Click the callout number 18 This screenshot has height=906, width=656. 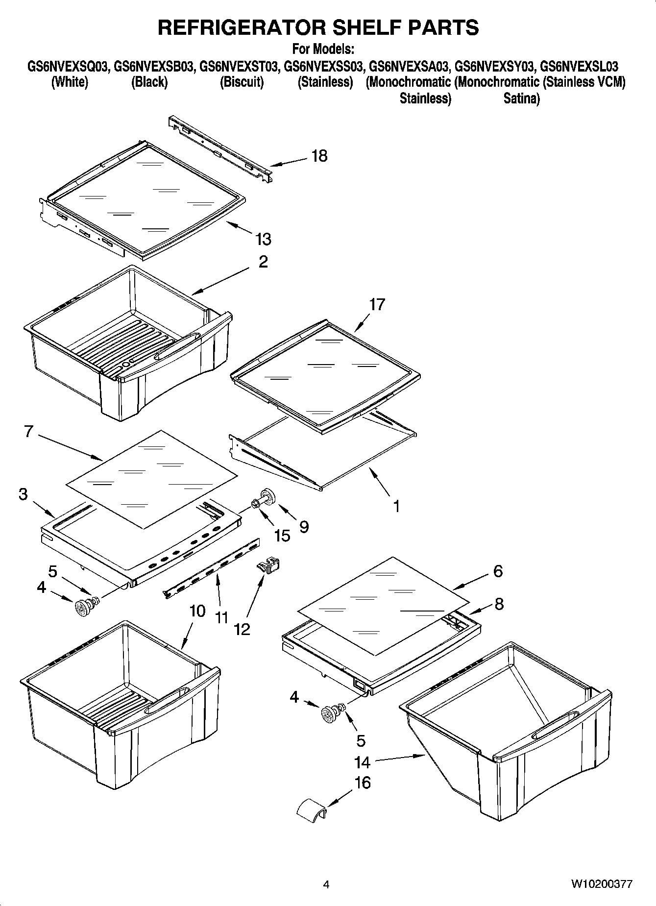pyautogui.click(x=319, y=156)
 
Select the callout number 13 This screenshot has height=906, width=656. pyautogui.click(x=263, y=239)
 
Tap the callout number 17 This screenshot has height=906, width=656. pyautogui.click(x=377, y=304)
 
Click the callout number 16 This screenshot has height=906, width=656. pyautogui.click(x=362, y=783)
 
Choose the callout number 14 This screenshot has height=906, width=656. pyautogui.click(x=362, y=762)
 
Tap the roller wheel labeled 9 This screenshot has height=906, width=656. pyautogui.click(x=268, y=496)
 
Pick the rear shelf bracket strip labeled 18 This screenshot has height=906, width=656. pyautogui.click(x=220, y=149)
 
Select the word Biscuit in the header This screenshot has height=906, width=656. pyautogui.click(x=242, y=82)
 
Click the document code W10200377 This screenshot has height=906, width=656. pyautogui.click(x=601, y=884)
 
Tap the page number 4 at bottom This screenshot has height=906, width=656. pyautogui.click(x=326, y=884)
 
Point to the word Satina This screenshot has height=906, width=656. pyautogui.click(x=521, y=98)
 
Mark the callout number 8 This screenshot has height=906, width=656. pyautogui.click(x=498, y=604)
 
